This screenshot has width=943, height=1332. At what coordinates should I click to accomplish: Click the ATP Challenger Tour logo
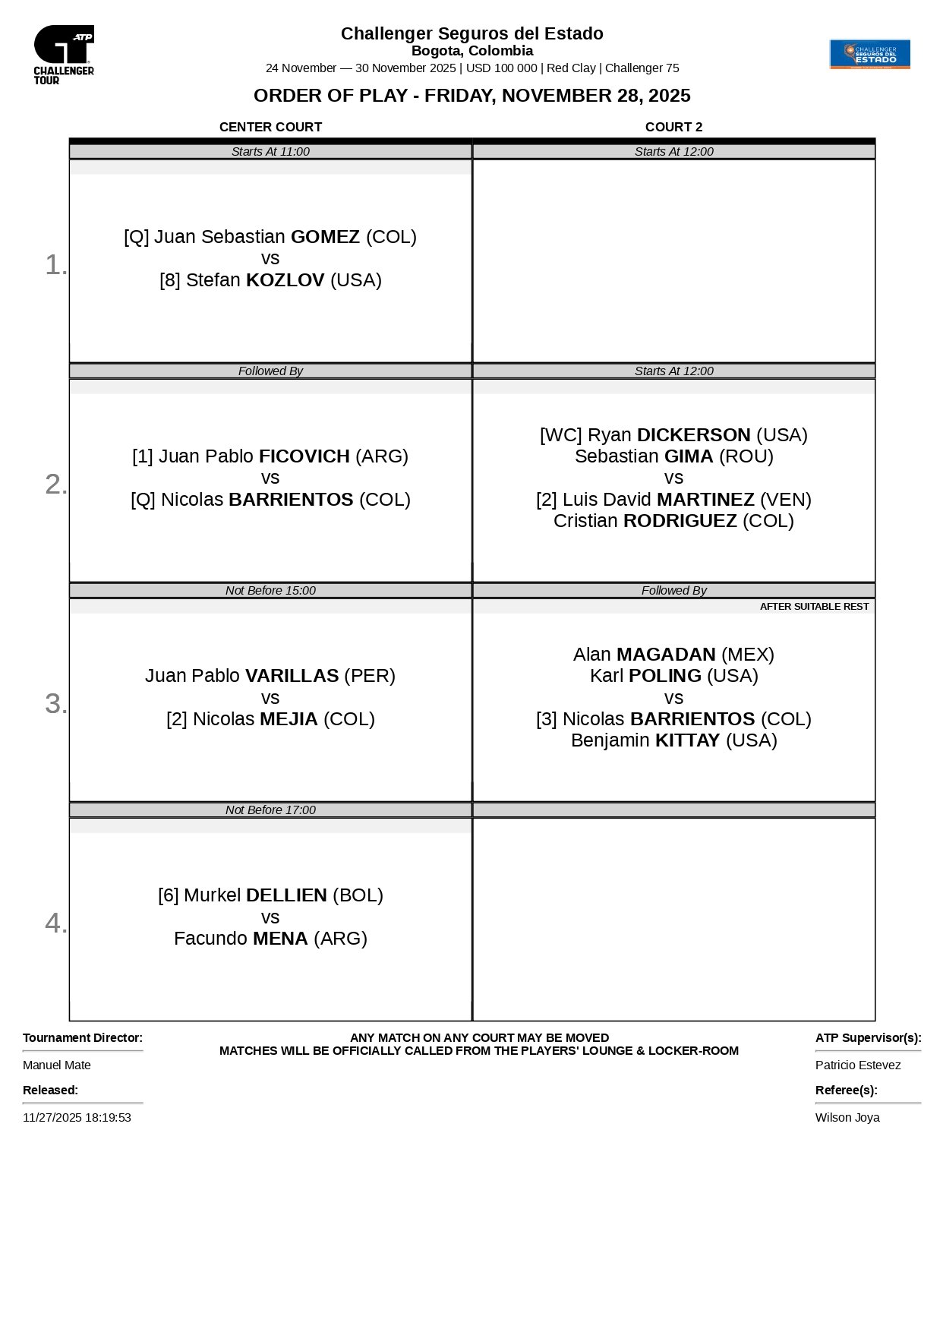pos(64,54)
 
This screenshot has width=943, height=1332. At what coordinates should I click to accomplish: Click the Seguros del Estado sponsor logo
pos(869,54)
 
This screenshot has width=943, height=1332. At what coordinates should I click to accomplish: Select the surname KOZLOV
pos(285,280)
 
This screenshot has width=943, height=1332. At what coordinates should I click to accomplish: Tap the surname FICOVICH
pos(304,456)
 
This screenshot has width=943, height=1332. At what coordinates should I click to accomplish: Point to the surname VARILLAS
pos(292,676)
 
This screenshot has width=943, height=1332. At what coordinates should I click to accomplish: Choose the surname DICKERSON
pos(693,435)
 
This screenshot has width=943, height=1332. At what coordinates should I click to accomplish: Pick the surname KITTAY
pos(687,740)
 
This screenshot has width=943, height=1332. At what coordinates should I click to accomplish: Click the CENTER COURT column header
pos(270,127)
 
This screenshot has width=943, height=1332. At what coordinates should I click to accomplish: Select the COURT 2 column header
pos(673,127)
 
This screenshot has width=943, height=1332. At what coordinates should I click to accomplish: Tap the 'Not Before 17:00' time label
pos(270,810)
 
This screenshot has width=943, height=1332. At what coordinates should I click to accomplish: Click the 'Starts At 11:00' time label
pos(270,152)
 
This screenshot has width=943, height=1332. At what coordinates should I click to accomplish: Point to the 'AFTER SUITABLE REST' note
pos(814,607)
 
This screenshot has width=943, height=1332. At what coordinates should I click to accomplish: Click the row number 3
pos(55,704)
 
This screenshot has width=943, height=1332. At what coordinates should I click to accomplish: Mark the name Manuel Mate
pos(57,1065)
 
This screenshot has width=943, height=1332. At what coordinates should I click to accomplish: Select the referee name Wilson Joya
pos(847,1118)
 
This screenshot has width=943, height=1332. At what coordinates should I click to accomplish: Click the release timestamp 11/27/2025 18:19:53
pos(77,1118)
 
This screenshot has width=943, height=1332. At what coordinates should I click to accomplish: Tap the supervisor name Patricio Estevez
pos(858,1065)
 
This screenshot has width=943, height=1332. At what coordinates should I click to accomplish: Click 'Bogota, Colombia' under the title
pos(471,51)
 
